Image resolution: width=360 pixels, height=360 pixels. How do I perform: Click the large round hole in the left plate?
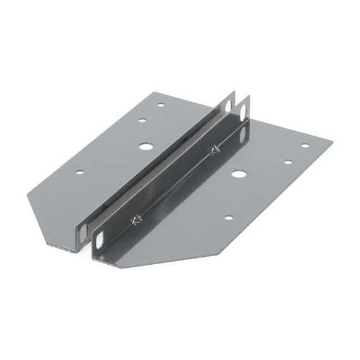(x=145, y=146)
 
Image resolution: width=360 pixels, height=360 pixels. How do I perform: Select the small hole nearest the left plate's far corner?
(x=161, y=104)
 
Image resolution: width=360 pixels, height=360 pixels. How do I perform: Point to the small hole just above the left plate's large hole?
(x=142, y=120)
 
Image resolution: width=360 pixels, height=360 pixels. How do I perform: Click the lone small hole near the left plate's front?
(x=79, y=172)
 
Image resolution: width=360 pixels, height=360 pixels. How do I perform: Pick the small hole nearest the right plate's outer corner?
(x=305, y=146)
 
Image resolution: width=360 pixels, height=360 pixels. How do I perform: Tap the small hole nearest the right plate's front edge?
(x=228, y=217)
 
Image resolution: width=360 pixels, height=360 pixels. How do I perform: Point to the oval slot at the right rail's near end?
(x=100, y=237)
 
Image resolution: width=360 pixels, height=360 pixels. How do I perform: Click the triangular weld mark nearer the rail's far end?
(x=214, y=149)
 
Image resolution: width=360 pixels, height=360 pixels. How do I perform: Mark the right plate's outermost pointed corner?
(x=333, y=141)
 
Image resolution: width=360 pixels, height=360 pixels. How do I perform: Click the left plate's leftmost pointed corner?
(x=27, y=195)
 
